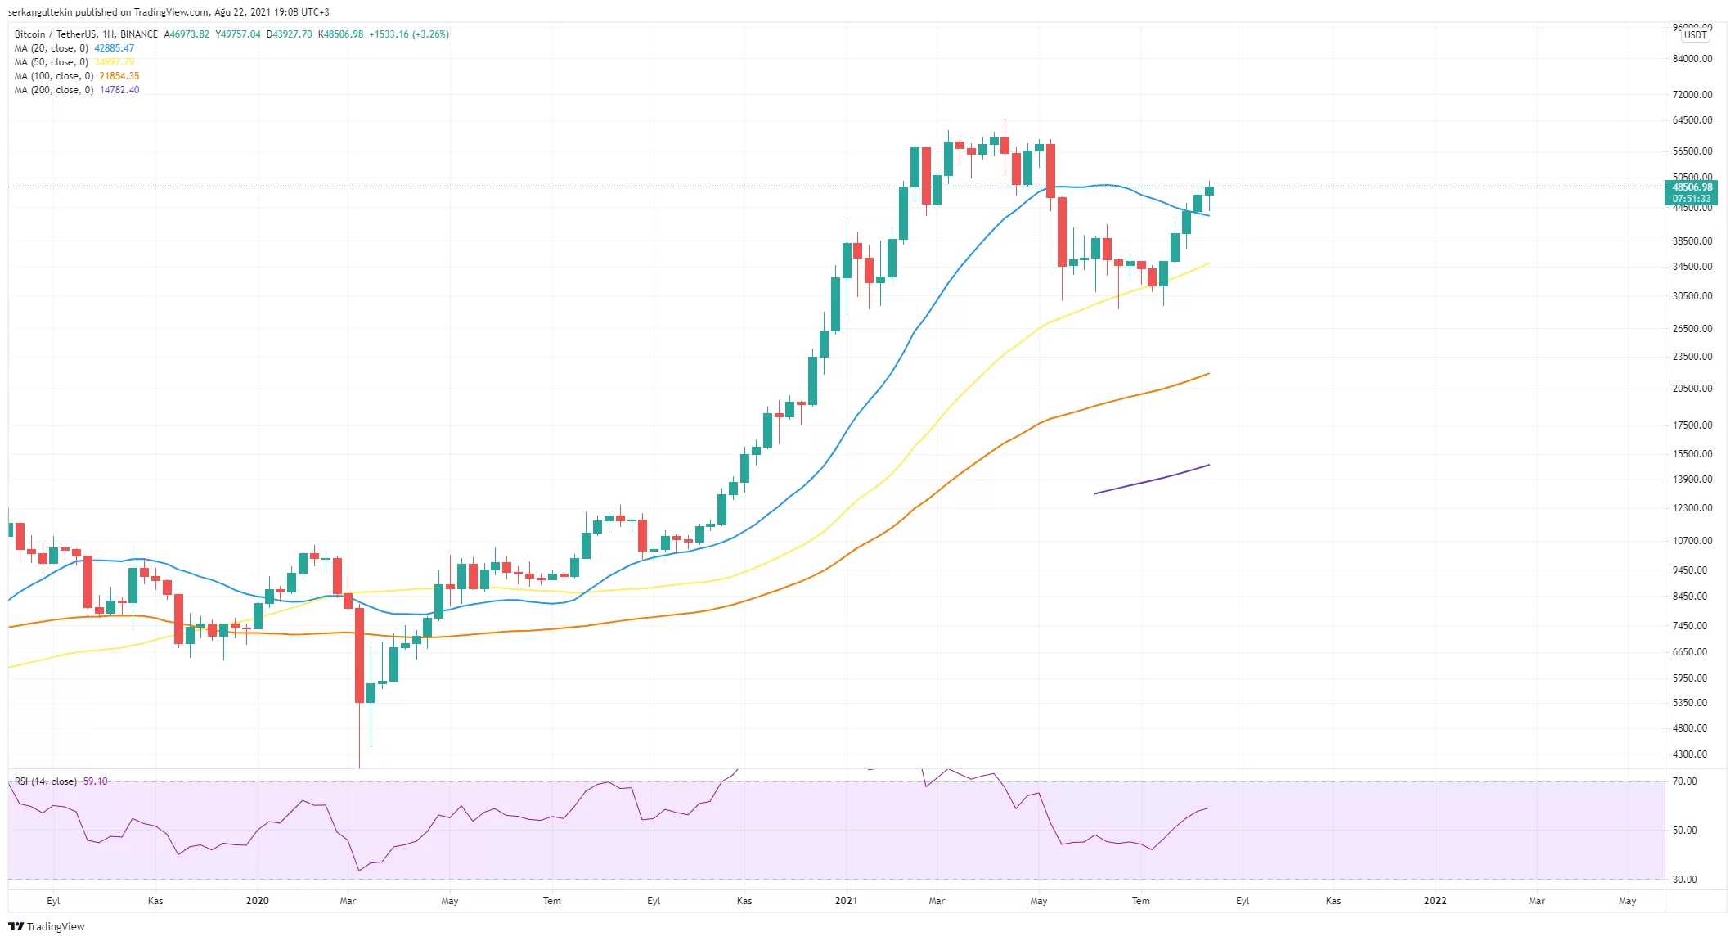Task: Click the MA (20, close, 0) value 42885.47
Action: (114, 48)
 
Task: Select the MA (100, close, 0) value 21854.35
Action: (119, 76)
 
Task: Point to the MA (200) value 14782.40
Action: (119, 90)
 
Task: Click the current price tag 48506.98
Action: (1692, 187)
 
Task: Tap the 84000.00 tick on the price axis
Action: (1692, 59)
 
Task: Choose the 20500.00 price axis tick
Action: (1692, 389)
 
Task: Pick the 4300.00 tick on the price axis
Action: (1690, 754)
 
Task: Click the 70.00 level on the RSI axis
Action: (1684, 781)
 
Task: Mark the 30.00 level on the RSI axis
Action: (1684, 880)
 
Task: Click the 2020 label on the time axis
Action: (257, 901)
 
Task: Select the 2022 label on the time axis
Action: (1435, 901)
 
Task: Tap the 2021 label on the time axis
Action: (846, 901)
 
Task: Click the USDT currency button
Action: (1695, 35)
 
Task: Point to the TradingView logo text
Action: (55, 926)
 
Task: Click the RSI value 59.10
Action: (95, 781)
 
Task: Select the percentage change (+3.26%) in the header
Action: (430, 34)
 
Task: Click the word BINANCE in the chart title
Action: (138, 34)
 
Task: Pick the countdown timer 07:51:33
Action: (1691, 199)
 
